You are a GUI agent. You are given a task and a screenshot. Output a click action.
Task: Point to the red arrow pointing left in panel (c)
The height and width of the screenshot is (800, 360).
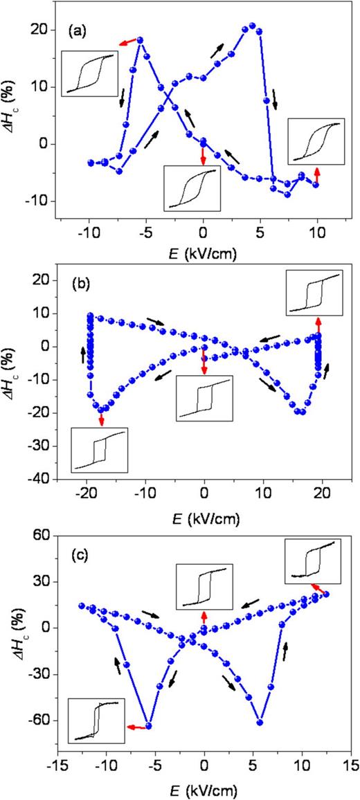[136, 727]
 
